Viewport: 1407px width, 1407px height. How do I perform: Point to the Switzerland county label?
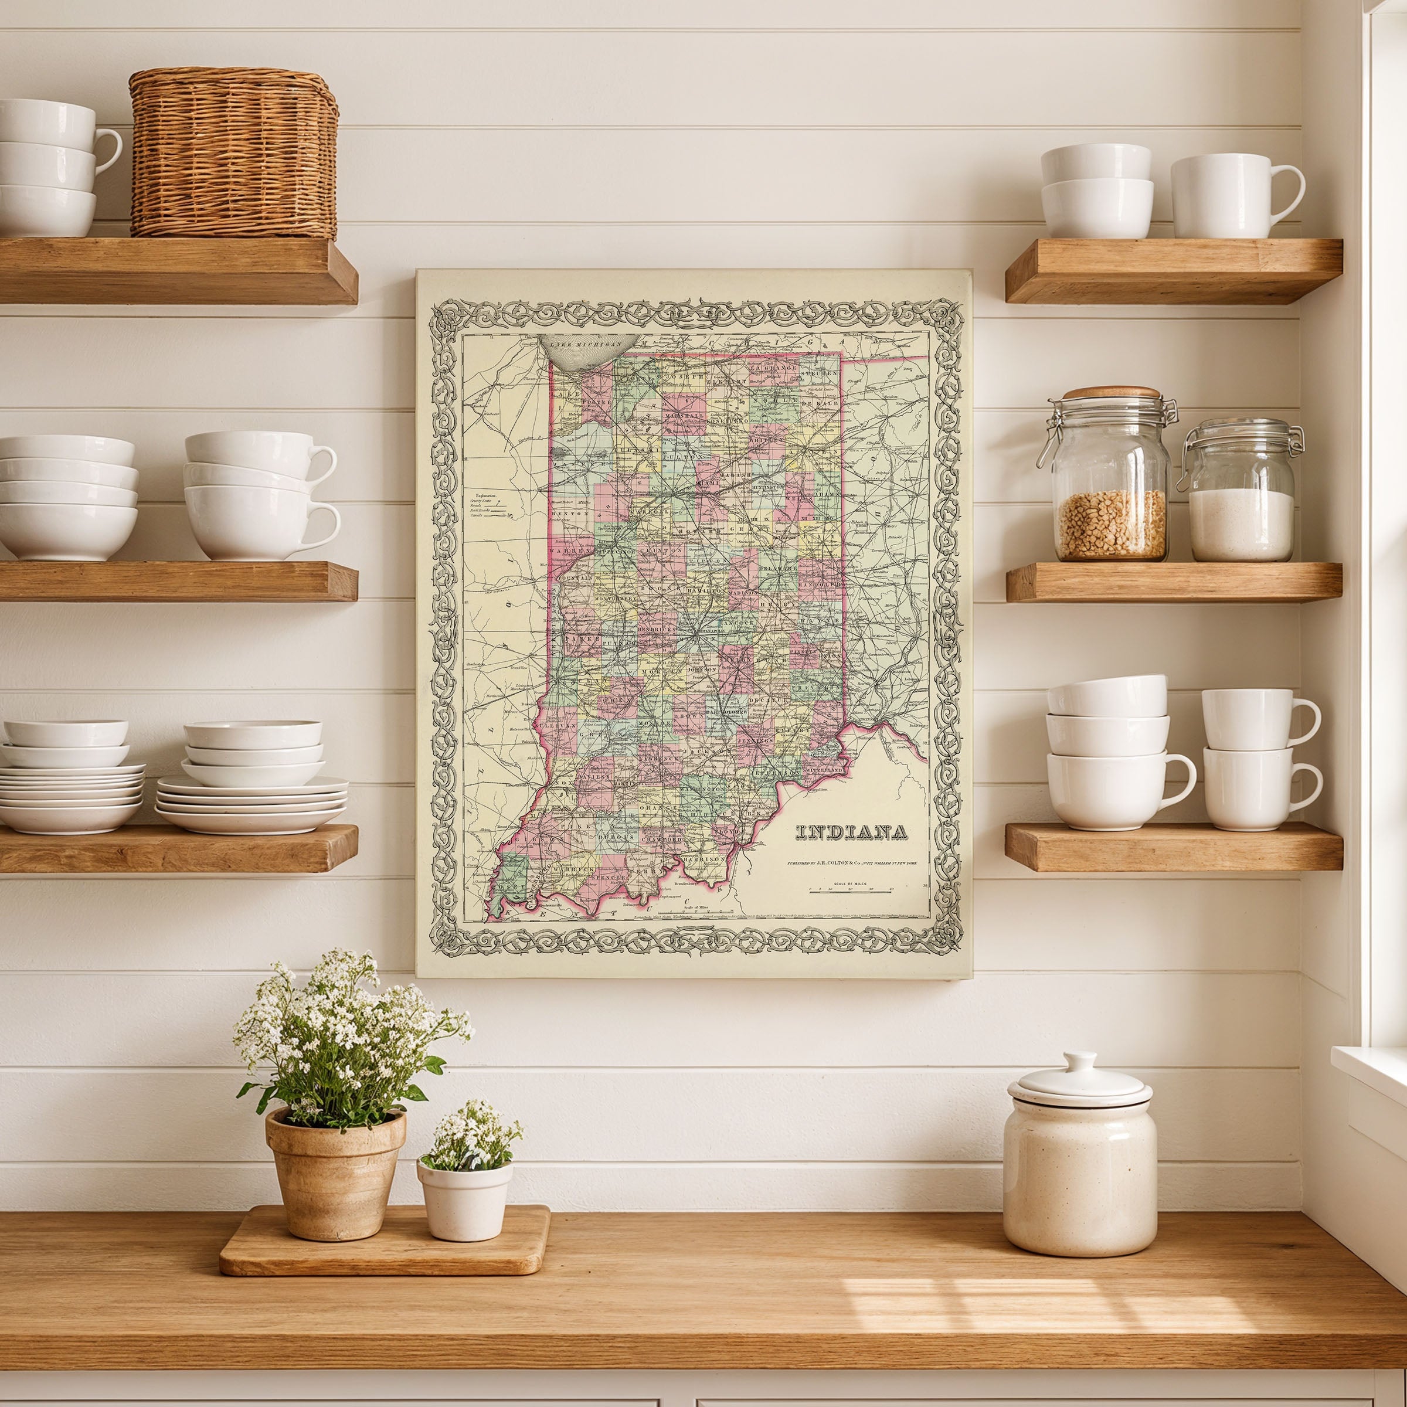824,770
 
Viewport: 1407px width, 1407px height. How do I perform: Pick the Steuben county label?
820,373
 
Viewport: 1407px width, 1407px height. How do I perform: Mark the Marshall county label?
685,416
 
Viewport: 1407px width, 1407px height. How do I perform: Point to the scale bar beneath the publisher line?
851,891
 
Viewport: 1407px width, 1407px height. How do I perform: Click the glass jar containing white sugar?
1241,493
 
